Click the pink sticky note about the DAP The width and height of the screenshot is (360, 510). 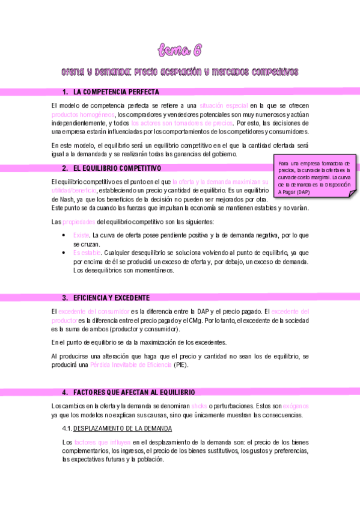click(x=316, y=174)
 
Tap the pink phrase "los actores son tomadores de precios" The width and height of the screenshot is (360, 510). click(x=182, y=123)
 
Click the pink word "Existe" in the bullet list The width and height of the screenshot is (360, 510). click(x=81, y=235)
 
